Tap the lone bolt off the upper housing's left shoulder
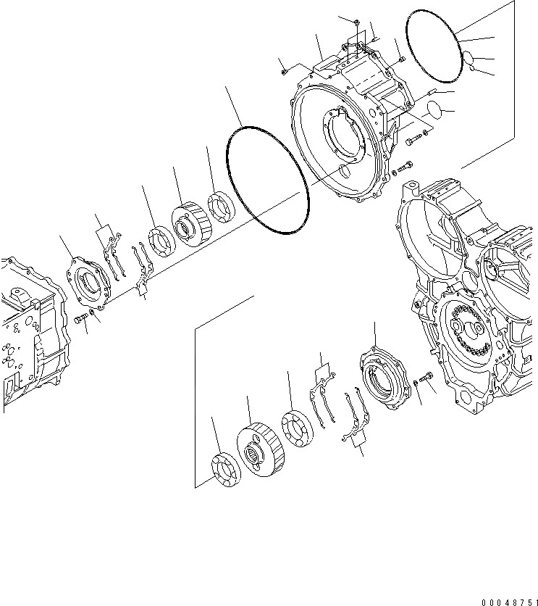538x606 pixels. (285, 70)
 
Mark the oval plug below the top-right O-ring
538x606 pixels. (434, 108)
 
